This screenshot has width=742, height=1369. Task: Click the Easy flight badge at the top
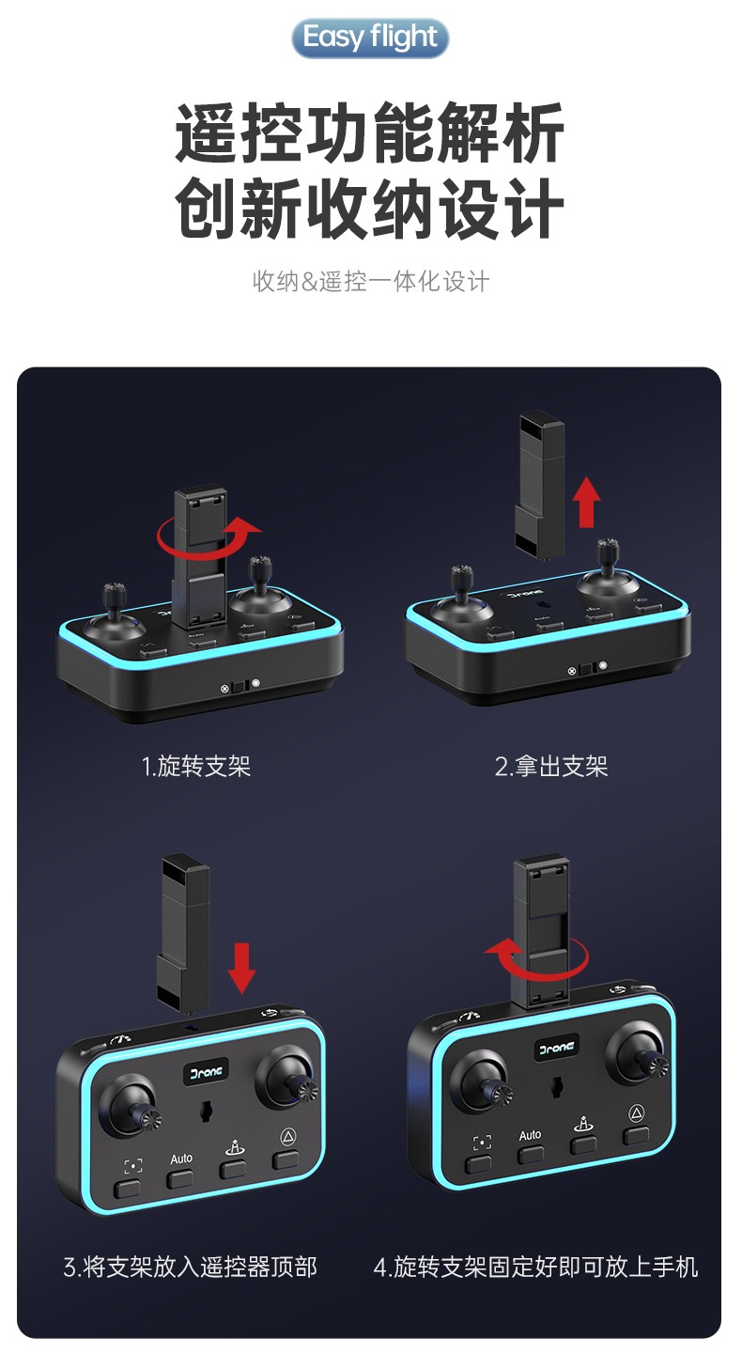coord(370,38)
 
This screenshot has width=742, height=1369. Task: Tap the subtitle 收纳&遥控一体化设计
coord(371,281)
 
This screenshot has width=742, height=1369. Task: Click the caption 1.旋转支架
coord(196,766)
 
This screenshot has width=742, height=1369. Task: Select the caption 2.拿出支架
coord(550,766)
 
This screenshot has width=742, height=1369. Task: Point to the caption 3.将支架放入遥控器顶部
coord(191,1267)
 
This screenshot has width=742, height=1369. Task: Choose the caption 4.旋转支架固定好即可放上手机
coord(535,1267)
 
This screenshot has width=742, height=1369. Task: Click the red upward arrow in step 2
coord(586,502)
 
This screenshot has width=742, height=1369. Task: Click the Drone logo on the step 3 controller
coord(207,1073)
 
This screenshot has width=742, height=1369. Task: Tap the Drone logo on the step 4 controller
coord(557,1049)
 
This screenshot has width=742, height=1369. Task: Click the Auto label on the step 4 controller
coord(530,1135)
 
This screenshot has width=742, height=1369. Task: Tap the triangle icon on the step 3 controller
coord(288,1137)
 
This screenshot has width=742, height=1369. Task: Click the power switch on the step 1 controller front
coord(240,686)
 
